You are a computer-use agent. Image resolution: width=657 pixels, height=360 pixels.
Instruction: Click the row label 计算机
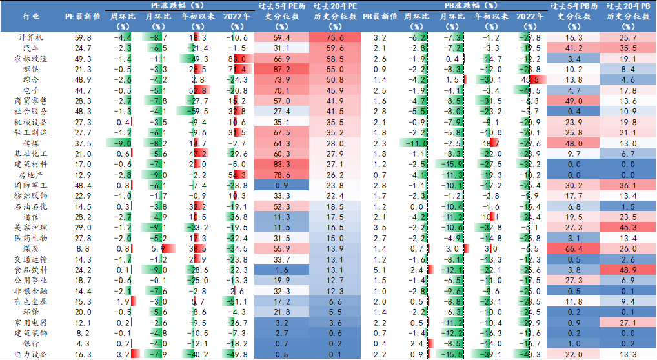30,38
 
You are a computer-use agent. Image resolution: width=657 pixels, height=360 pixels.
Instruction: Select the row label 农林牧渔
30,59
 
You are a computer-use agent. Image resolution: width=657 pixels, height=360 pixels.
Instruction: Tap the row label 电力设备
30,354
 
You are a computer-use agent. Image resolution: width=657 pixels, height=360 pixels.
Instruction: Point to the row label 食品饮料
30,269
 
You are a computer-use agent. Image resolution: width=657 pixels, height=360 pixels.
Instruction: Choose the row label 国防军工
30,185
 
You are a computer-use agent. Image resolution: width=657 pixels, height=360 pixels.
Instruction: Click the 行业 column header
30,15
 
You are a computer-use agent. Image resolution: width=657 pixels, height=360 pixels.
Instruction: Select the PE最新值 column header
83,15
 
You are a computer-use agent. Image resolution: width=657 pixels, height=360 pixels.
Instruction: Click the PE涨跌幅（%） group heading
177,5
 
